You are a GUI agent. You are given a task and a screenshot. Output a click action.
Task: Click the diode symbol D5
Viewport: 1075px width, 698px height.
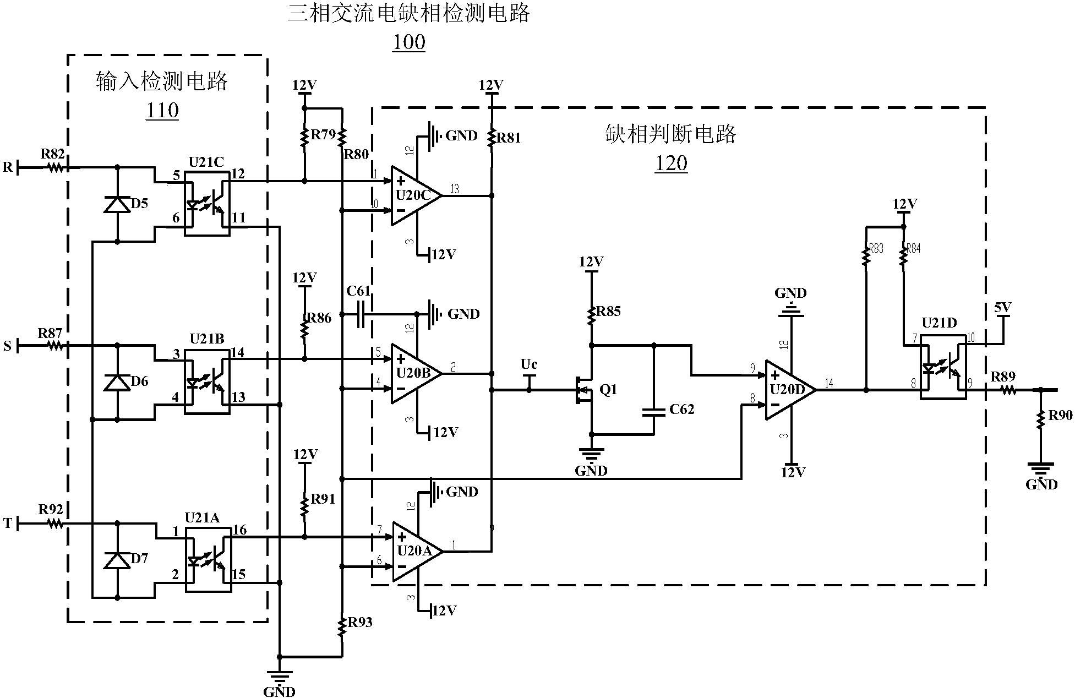tap(117, 204)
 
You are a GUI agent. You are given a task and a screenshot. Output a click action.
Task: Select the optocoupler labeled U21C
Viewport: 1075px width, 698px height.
tap(206, 203)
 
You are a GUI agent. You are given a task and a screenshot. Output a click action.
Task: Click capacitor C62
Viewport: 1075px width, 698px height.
tap(653, 410)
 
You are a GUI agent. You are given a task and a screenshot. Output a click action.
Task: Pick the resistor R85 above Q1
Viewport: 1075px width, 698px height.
tap(592, 315)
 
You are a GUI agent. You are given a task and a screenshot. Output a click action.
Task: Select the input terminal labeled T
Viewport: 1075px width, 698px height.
tap(8, 523)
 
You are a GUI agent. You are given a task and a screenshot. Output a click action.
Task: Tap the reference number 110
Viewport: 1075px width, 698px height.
tap(162, 111)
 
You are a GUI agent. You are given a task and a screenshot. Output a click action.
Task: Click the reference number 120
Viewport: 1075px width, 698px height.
tap(671, 163)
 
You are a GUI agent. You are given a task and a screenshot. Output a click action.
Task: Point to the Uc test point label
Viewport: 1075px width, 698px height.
tap(528, 364)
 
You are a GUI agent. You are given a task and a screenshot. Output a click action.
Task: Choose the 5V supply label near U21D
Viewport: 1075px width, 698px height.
tap(1002, 308)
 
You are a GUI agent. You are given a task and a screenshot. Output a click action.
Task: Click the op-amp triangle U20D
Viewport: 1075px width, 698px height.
tap(789, 390)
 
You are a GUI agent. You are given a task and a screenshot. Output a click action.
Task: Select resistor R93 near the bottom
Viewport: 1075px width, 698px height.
tap(342, 626)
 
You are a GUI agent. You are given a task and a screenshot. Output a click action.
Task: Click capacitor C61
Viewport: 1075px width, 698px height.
tap(361, 314)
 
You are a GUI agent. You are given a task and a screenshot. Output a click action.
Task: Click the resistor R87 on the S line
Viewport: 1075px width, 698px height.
tap(54, 346)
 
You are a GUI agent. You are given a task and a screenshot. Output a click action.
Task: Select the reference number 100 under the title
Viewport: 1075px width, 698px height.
tap(409, 42)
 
